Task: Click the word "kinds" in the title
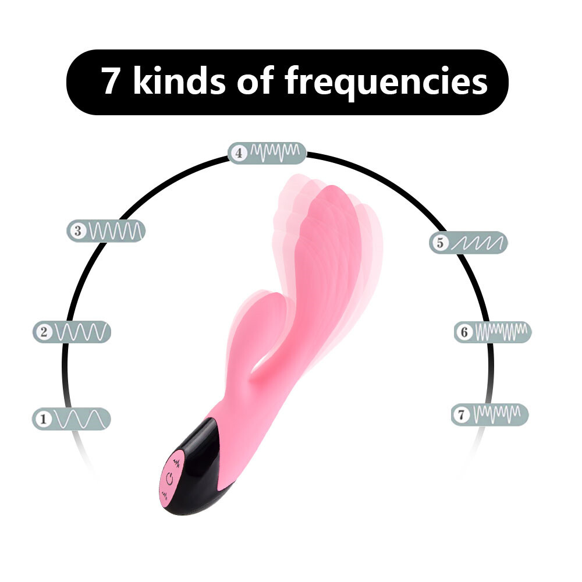pos(179,81)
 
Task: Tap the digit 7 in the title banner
pos(110,81)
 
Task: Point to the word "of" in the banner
pos(255,81)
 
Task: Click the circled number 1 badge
pos(44,419)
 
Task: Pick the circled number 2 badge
pos(44,332)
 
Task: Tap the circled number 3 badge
pos(77,231)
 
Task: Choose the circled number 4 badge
pos(239,153)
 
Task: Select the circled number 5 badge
pos(440,243)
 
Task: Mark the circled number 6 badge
pos(464,332)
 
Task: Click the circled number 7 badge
pos(462,414)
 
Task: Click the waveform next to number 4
pos(275,152)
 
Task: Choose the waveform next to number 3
pos(115,231)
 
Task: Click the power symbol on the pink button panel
pos(170,479)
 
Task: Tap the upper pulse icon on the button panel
pos(177,462)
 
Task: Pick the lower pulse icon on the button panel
pos(165,495)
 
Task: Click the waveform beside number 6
pos(501,332)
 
